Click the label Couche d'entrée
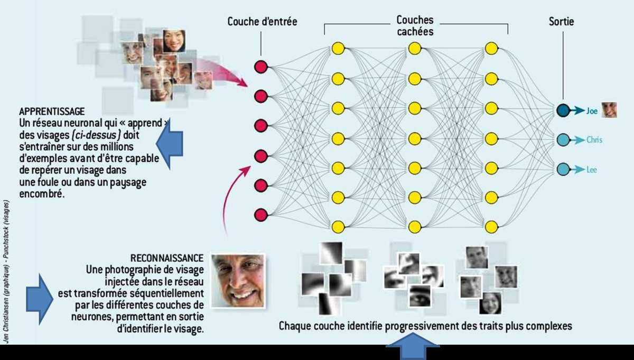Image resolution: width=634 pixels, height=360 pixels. [262, 22]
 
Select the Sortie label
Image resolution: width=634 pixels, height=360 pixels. [561, 22]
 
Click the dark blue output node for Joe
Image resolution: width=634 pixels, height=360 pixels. [563, 110]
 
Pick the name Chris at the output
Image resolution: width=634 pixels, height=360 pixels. [594, 140]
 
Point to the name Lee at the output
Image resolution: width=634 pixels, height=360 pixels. [591, 170]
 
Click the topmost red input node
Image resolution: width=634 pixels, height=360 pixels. [261, 67]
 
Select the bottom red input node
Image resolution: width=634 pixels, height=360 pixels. [261, 215]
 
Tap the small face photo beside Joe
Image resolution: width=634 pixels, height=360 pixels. [609, 110]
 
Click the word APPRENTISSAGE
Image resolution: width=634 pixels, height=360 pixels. [52, 112]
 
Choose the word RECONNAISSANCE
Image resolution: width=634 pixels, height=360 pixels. [167, 258]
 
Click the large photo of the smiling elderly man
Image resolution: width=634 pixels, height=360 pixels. [237, 280]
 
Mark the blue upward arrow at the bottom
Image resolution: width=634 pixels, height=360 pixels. [413, 350]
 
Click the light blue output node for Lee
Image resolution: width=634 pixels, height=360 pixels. [563, 169]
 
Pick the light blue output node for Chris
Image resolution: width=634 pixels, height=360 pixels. [563, 140]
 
